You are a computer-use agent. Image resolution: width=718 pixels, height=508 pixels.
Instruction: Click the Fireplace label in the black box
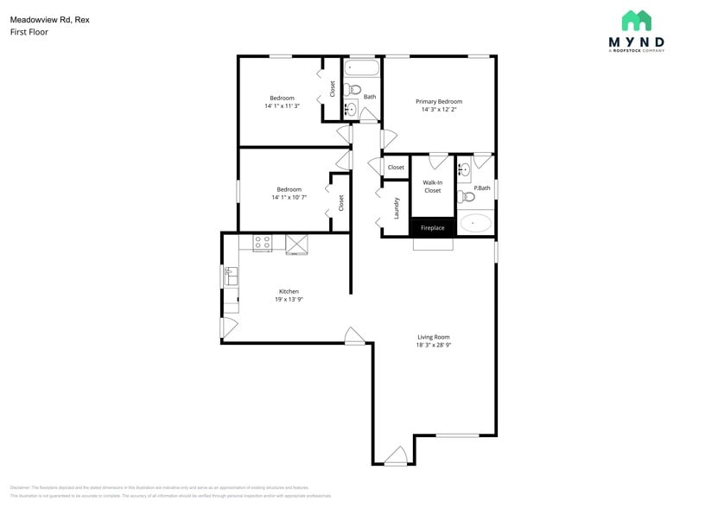click(432, 228)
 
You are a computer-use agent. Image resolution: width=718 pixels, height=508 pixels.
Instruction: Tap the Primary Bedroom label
click(442, 102)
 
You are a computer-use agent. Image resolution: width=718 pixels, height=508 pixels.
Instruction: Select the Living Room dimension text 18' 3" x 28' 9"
click(433, 345)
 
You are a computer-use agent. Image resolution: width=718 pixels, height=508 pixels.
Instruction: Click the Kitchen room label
click(289, 291)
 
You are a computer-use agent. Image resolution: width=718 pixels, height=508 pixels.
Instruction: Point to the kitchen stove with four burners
click(263, 244)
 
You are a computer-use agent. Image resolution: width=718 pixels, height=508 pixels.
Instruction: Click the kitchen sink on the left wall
click(231, 276)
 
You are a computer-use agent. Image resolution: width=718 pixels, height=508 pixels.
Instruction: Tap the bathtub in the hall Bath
click(362, 69)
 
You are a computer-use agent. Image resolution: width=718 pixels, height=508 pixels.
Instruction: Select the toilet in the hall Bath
click(353, 89)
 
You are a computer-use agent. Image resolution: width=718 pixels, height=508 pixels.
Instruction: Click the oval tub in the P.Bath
click(475, 223)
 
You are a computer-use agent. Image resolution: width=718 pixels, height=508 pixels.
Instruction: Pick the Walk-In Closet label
click(432, 187)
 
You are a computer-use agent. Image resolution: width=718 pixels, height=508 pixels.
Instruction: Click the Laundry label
click(397, 207)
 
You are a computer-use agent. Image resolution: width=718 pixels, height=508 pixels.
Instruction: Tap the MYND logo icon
click(637, 21)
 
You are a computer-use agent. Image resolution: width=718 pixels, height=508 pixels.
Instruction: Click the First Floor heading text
click(29, 32)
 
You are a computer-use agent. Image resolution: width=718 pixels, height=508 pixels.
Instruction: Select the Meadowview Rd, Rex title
click(49, 19)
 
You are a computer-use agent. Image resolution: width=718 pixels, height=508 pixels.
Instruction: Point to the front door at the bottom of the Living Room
click(396, 456)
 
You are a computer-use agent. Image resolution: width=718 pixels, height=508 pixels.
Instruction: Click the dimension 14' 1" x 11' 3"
click(282, 106)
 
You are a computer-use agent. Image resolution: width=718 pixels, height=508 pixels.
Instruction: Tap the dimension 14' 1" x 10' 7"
click(289, 197)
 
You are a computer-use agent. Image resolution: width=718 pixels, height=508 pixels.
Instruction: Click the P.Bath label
click(482, 188)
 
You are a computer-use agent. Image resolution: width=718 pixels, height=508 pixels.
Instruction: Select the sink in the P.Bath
click(465, 168)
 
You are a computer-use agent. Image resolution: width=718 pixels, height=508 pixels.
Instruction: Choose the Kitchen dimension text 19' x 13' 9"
click(289, 299)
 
